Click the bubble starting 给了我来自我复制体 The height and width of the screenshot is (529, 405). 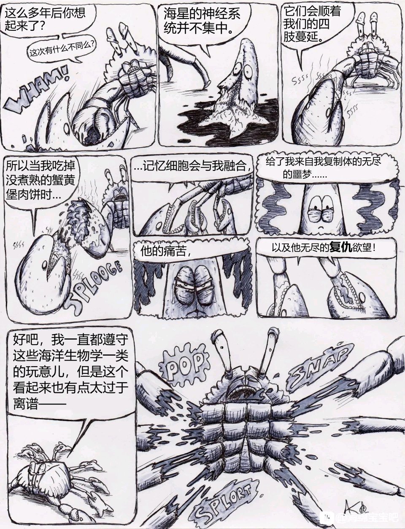click(x=325, y=167)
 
